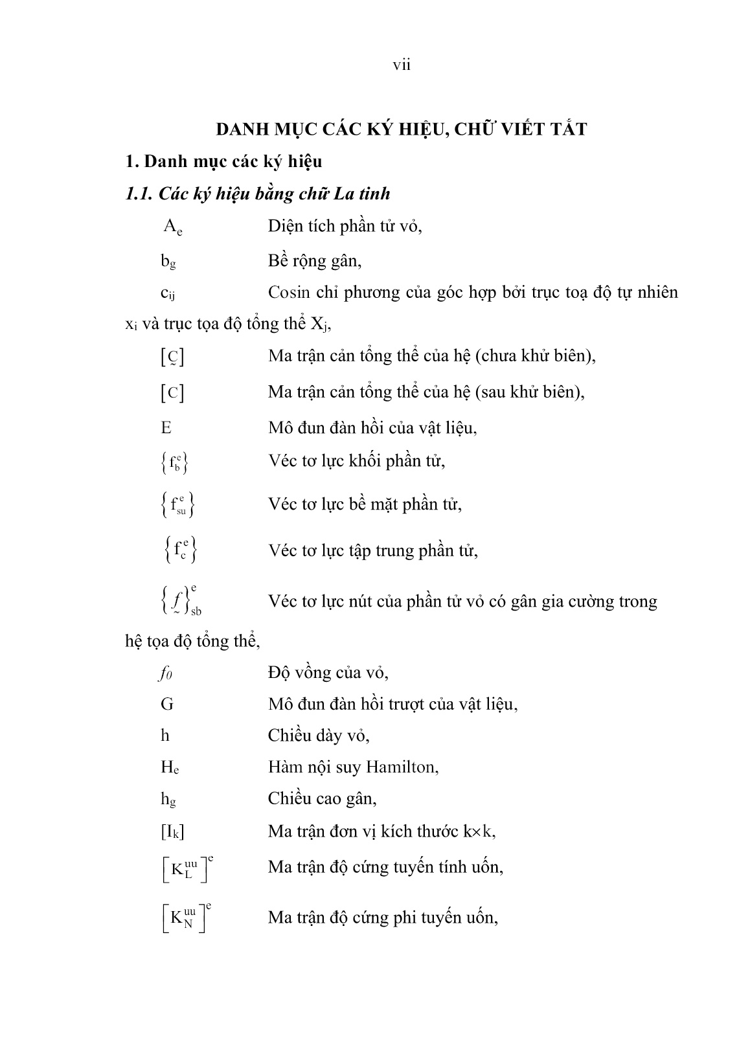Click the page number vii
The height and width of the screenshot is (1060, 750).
point(402,65)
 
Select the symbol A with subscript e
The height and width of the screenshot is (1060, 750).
point(172,227)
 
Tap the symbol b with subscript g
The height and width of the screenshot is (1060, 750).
point(168,261)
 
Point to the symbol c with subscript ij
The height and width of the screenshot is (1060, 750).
point(168,293)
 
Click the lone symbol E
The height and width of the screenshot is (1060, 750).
point(166,428)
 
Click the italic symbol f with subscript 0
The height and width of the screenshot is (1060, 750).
point(166,673)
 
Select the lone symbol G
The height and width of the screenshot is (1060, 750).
point(167,704)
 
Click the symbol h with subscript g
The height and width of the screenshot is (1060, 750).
point(168,800)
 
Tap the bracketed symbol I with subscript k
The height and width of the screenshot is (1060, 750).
point(172,831)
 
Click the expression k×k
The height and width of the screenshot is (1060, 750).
point(478,831)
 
